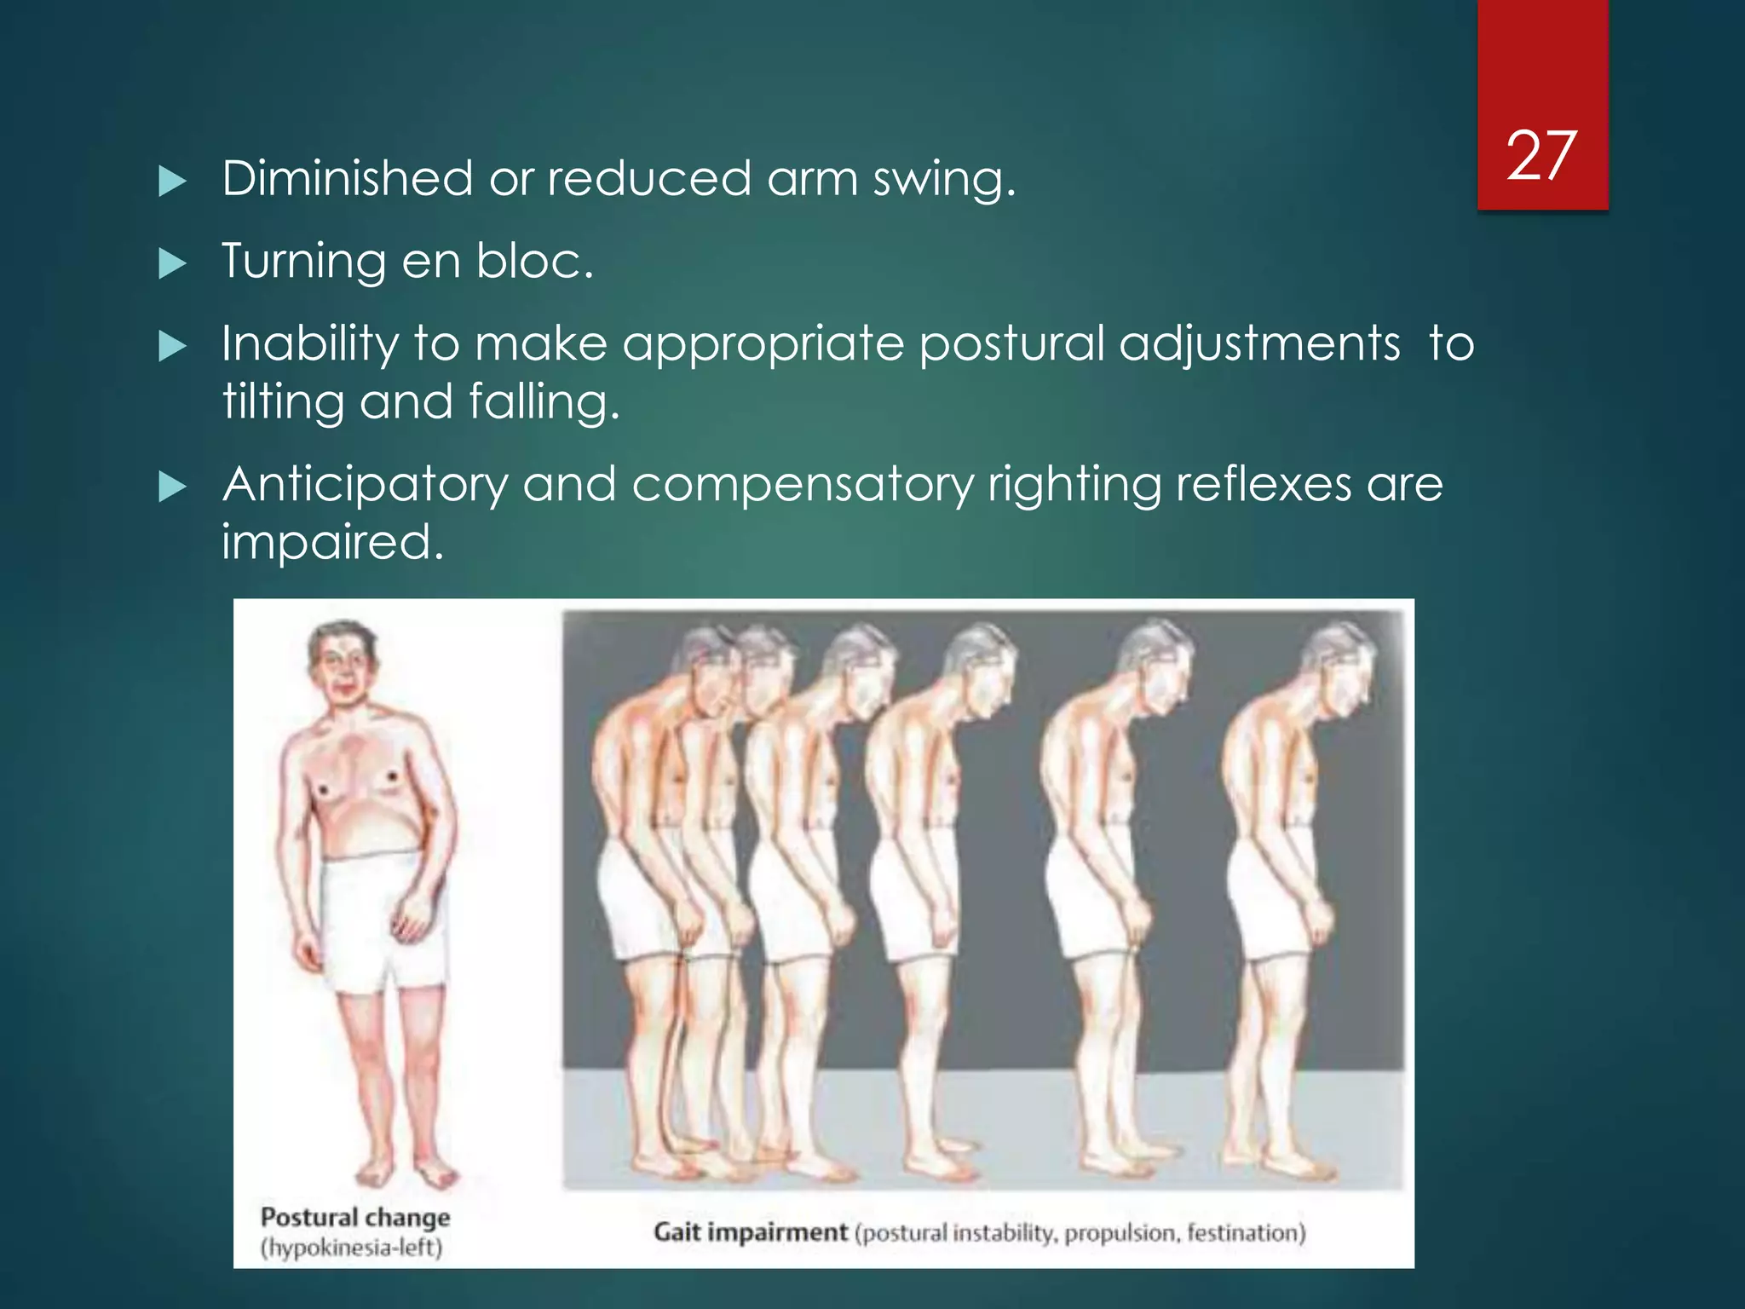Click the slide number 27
1541,156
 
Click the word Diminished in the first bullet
347,178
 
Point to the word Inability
310,345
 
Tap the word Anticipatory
365,486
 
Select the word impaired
332,542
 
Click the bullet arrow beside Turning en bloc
172,263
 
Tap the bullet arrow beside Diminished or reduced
172,182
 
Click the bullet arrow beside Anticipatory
172,487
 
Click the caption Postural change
354,1217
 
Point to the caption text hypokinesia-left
351,1248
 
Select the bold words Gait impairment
750,1232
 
